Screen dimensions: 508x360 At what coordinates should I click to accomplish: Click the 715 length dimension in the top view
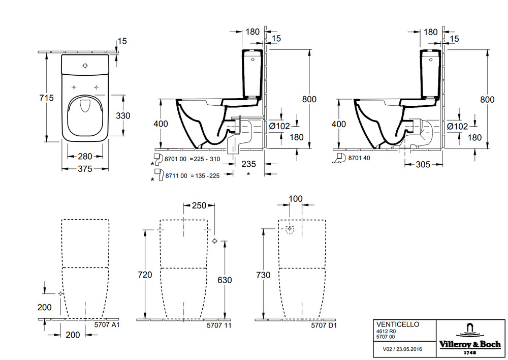pyautogui.click(x=46, y=98)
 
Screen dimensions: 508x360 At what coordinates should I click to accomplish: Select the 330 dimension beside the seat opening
pyautogui.click(x=123, y=115)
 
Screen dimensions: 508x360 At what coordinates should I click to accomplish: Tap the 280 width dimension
pyautogui.click(x=85, y=156)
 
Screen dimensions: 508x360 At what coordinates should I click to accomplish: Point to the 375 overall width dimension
pyautogui.click(x=85, y=169)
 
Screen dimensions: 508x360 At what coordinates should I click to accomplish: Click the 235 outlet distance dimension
pyautogui.click(x=248, y=164)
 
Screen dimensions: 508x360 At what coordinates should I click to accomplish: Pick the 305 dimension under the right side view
pyautogui.click(x=423, y=164)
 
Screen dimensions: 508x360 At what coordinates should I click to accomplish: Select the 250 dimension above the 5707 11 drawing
pyautogui.click(x=199, y=205)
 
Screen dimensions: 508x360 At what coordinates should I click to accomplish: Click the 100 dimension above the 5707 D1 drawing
pyautogui.click(x=296, y=198)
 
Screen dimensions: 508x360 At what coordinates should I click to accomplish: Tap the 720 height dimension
pyautogui.click(x=145, y=275)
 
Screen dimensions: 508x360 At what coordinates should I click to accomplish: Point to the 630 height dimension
pyautogui.click(x=225, y=280)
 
